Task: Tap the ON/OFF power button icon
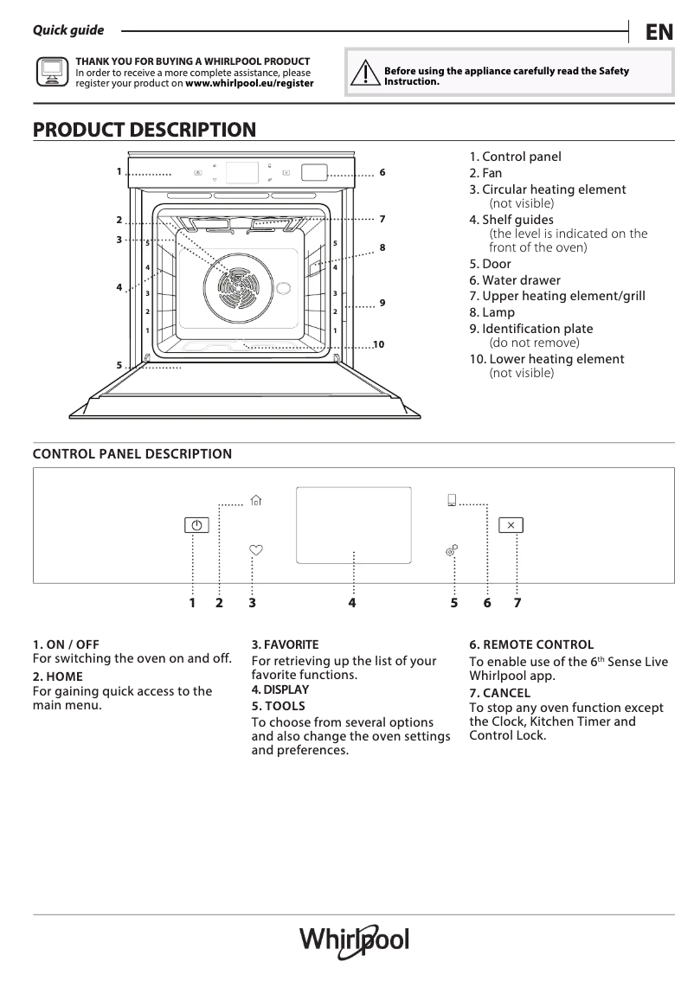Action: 196,525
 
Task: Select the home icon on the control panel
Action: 255,500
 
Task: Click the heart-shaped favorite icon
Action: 255,549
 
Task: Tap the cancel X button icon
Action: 511,525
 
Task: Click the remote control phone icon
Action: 452,500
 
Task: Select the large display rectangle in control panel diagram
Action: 353,524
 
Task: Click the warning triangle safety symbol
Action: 366,74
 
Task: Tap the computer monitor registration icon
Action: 52,72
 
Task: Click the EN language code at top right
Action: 659,32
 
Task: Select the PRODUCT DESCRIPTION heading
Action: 145,130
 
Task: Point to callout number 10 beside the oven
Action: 378,345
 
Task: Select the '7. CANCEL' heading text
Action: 499,693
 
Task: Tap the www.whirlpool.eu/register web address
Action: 249,84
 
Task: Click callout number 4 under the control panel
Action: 352,603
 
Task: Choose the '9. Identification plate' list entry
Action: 531,329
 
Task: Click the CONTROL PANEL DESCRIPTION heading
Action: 132,454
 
